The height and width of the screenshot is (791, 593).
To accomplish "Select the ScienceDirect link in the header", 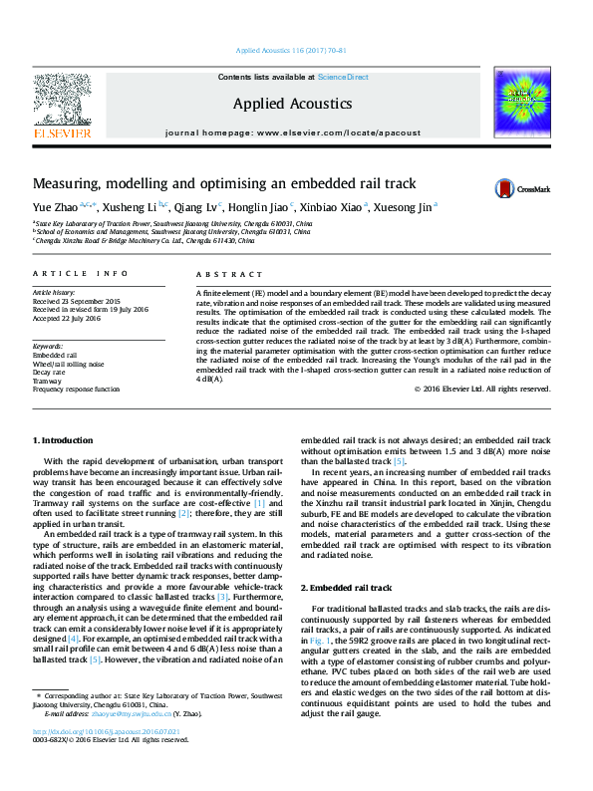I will click(x=343, y=77).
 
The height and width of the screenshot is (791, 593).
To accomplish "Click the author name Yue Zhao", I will click(x=53, y=208).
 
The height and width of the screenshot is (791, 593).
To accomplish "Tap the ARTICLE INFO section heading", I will click(x=66, y=273).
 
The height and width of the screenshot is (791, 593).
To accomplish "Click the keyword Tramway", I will click(x=48, y=381).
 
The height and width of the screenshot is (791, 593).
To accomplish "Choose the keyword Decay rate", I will click(x=50, y=372).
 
